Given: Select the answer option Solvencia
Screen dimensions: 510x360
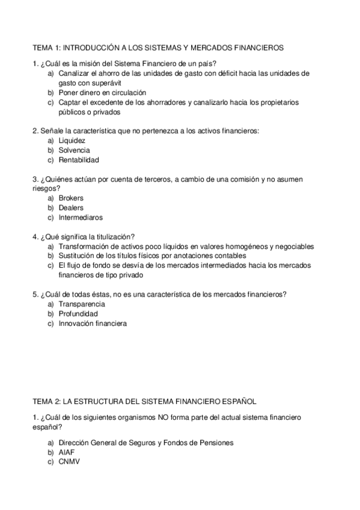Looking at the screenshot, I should [75, 150].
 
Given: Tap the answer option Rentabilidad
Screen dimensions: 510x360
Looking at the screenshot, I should [79, 160].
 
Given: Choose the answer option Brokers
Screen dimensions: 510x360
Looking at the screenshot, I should [71, 198].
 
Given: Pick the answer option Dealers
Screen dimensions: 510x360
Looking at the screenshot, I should [71, 207].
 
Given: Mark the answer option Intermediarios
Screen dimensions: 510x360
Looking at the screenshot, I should [81, 217].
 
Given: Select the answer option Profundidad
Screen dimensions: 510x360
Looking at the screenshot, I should [78, 314].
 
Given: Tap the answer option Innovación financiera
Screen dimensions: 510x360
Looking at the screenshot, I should [93, 324].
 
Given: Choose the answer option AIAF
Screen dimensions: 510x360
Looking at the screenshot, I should [67, 452].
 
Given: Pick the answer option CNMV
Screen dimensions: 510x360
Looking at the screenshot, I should [69, 462].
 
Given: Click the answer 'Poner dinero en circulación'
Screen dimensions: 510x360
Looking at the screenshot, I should [102, 93].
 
